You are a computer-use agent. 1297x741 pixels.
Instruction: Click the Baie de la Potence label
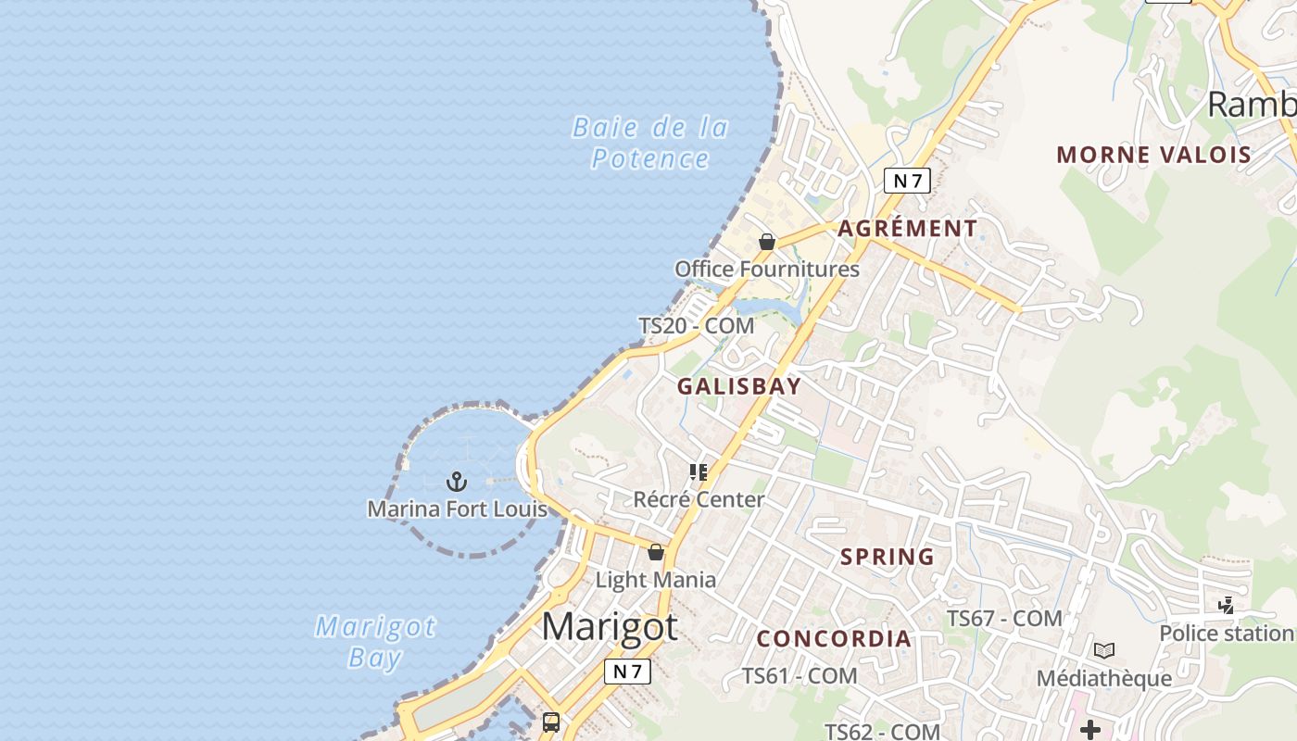(x=650, y=143)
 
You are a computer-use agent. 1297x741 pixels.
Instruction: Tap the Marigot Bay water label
(x=375, y=642)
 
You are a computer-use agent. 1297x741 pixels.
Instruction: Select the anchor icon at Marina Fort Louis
(x=457, y=482)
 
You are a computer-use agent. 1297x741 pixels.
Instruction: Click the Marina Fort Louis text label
(x=457, y=509)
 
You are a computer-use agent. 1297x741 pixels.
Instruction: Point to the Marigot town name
(x=610, y=627)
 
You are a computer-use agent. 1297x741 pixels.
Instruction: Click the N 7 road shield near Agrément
(x=907, y=181)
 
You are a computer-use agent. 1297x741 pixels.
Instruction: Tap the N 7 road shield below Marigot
(x=627, y=672)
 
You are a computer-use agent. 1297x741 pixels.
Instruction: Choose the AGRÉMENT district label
(x=907, y=229)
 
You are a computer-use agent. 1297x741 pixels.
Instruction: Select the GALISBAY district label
(x=738, y=386)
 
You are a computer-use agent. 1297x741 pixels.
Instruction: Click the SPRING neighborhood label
(x=887, y=557)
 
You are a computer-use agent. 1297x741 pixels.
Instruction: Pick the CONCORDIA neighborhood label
(x=834, y=638)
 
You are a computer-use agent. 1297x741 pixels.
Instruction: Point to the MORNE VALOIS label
(x=1153, y=155)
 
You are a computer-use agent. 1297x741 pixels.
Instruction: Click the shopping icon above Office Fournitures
(x=767, y=242)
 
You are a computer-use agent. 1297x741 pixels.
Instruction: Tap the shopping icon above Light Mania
(x=656, y=553)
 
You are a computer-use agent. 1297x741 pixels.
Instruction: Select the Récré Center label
(x=699, y=499)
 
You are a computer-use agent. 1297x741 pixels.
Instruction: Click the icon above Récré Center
(x=699, y=472)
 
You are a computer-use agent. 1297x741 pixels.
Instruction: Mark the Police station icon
(x=1227, y=606)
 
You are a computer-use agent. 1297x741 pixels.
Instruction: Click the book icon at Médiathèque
(x=1103, y=650)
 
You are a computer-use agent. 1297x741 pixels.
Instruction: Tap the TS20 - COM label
(x=696, y=326)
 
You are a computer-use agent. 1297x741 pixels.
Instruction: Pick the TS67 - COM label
(x=1003, y=618)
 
